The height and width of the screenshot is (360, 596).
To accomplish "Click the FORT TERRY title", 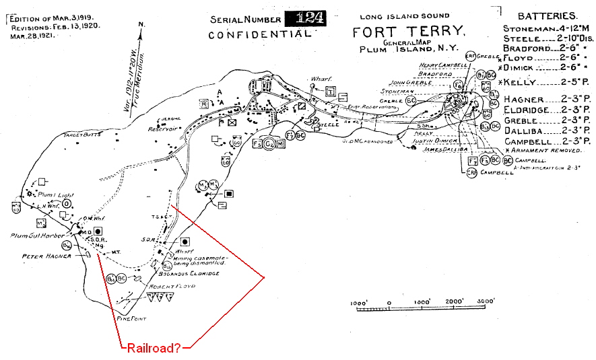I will coord(408,31).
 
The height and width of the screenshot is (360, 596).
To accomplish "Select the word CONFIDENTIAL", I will coord(260,33).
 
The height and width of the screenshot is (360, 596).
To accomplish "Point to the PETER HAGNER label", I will coord(44,256).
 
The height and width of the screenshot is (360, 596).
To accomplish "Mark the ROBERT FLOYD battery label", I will coord(171,285).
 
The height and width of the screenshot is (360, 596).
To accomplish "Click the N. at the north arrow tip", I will coord(141,26).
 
